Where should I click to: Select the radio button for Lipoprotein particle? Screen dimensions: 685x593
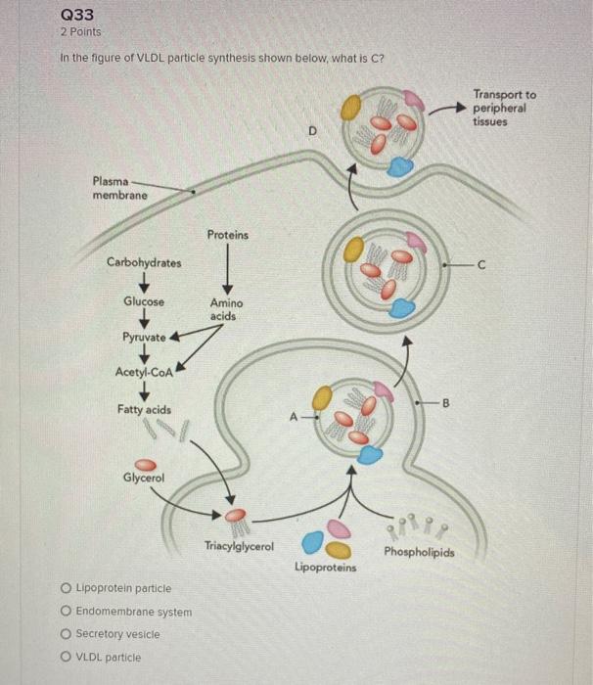(66, 588)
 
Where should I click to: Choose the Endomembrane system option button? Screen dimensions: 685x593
(66, 612)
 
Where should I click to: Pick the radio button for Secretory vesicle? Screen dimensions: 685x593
(66, 634)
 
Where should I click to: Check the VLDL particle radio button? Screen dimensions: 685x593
(66, 658)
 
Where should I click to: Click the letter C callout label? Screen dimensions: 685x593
(480, 263)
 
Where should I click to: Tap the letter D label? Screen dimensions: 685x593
(311, 127)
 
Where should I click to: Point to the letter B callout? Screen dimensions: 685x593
(448, 401)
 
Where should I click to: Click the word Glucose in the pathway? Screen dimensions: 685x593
(144, 301)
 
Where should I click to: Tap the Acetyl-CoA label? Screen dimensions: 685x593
(144, 372)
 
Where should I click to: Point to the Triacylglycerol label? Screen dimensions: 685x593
(239, 544)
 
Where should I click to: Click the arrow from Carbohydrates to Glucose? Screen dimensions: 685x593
(144, 282)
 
